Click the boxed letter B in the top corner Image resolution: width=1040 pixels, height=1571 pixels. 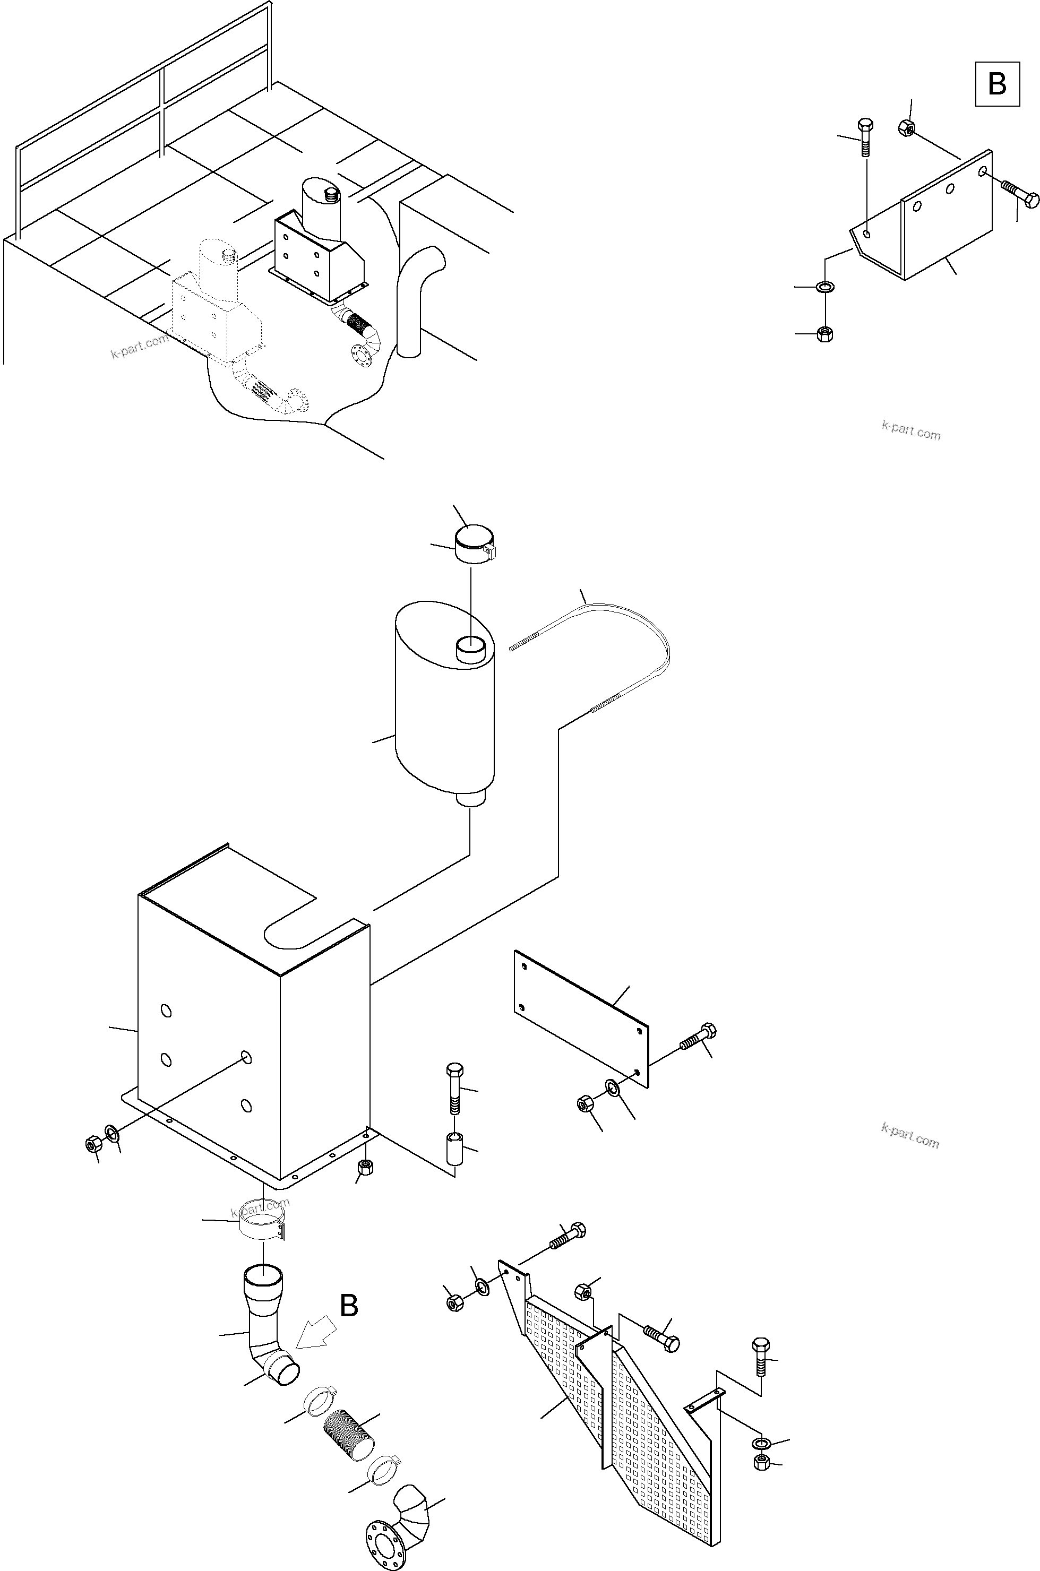coord(996,84)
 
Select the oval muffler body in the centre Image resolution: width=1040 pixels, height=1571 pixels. coord(444,710)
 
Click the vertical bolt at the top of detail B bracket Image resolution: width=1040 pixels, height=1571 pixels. coord(865,136)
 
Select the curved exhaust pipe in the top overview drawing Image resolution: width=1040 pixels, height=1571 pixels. coord(414,298)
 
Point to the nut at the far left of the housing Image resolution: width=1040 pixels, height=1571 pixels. coord(93,1143)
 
